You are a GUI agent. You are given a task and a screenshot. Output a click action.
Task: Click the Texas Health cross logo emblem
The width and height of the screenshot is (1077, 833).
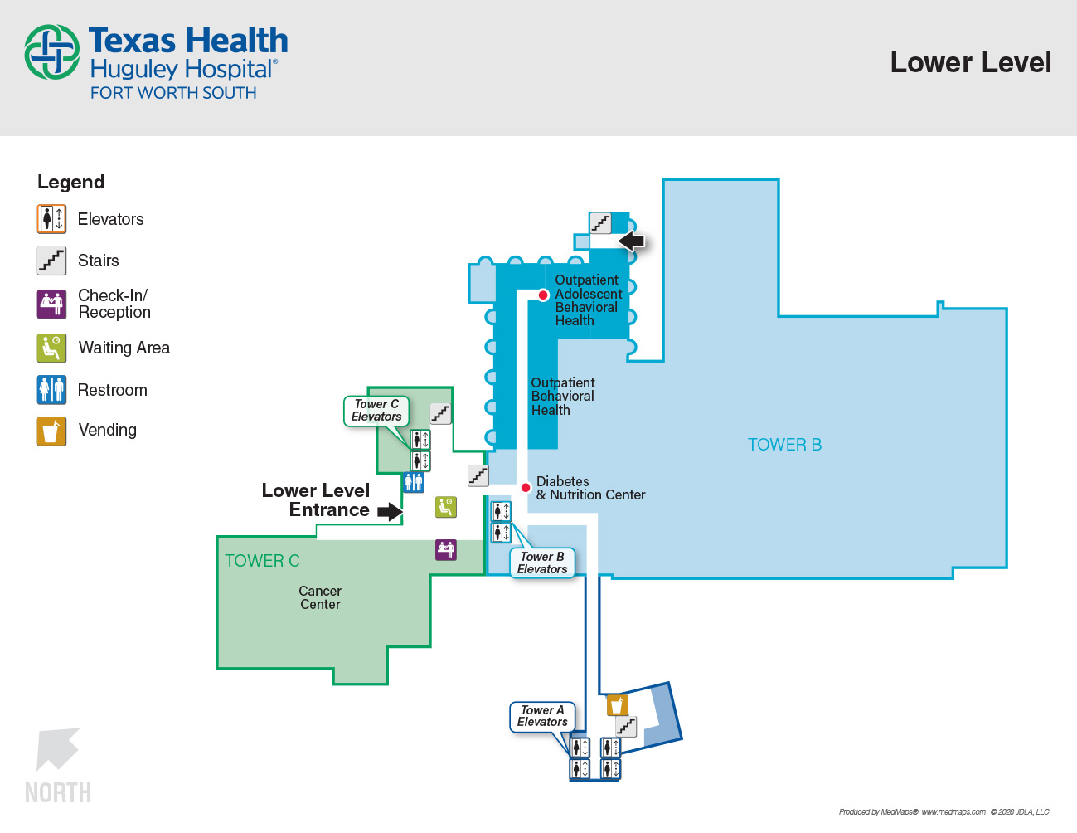click(x=51, y=52)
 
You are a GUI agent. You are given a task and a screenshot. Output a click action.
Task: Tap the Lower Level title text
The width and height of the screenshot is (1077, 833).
click(x=970, y=62)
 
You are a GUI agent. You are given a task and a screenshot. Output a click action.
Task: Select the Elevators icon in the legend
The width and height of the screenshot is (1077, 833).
click(x=51, y=219)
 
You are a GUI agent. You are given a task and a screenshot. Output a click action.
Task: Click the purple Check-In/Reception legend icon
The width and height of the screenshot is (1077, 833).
click(x=51, y=304)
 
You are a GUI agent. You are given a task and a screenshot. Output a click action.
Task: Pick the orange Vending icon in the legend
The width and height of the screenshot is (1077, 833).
click(x=51, y=431)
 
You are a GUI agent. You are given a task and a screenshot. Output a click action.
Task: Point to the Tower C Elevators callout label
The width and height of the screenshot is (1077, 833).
click(x=376, y=410)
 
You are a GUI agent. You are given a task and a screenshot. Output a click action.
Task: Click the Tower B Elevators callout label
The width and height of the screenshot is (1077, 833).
click(x=542, y=563)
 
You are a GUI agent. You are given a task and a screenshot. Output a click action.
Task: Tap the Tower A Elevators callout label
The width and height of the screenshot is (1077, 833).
click(x=542, y=716)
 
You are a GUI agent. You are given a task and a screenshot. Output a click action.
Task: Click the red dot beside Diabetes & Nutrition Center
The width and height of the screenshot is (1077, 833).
click(x=526, y=488)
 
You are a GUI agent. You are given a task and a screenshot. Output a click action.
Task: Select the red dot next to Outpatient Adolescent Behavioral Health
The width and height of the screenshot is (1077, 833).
click(x=543, y=295)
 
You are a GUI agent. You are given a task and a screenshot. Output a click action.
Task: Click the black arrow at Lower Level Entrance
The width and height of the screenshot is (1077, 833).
click(x=390, y=512)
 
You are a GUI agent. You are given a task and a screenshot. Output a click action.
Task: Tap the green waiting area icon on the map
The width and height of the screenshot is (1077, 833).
click(x=446, y=507)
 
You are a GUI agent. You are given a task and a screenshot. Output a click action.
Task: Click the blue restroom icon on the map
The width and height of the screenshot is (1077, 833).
click(x=414, y=482)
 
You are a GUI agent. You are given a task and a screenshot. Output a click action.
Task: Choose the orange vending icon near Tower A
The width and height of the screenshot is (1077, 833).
click(x=618, y=705)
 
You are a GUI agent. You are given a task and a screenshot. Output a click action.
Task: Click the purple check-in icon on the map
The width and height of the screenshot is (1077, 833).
click(x=446, y=549)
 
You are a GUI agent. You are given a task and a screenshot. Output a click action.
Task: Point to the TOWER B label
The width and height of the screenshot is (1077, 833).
click(x=784, y=445)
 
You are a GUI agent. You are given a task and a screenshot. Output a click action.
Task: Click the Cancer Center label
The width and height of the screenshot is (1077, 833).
click(x=320, y=597)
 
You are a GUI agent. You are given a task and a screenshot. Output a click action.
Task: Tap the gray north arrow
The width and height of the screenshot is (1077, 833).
click(x=56, y=748)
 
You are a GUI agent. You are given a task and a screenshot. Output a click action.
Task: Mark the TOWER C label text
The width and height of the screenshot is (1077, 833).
click(x=262, y=561)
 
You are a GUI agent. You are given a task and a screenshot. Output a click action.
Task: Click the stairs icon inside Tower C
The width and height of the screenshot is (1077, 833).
click(x=440, y=413)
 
